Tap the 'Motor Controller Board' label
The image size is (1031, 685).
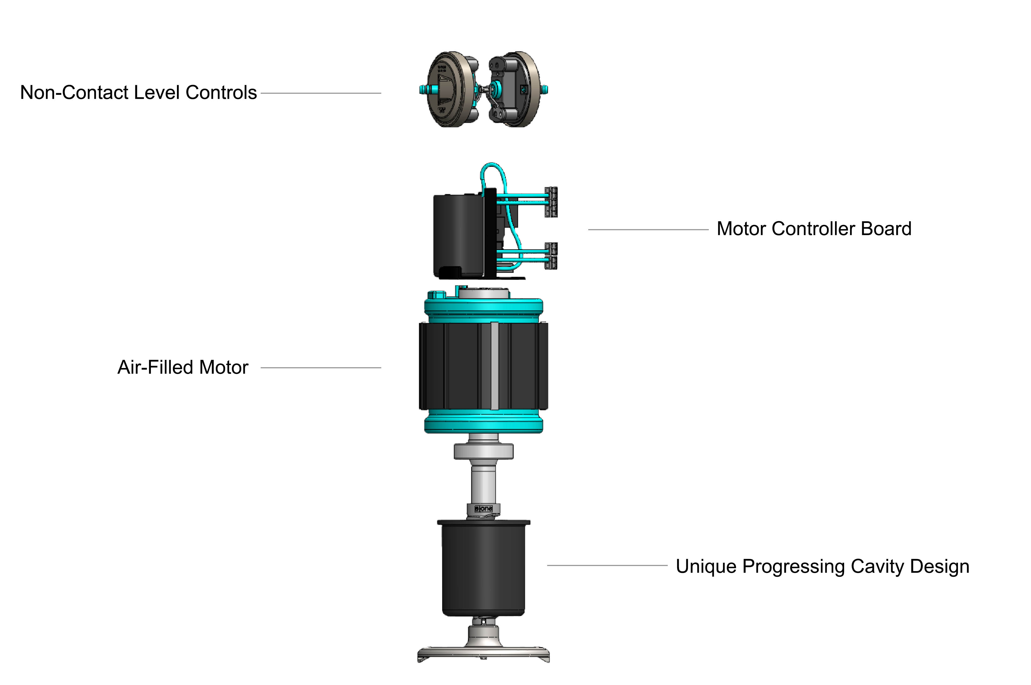tap(814, 229)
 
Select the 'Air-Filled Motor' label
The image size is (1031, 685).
tap(183, 367)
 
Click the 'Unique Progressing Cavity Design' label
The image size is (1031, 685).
tap(822, 566)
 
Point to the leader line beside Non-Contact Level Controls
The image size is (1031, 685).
tap(321, 93)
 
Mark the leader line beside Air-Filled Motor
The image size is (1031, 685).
tap(321, 368)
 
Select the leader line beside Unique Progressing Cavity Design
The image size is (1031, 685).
tap(607, 565)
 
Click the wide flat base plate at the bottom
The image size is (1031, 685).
tap(483, 653)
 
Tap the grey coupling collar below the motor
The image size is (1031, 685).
tap(483, 451)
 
